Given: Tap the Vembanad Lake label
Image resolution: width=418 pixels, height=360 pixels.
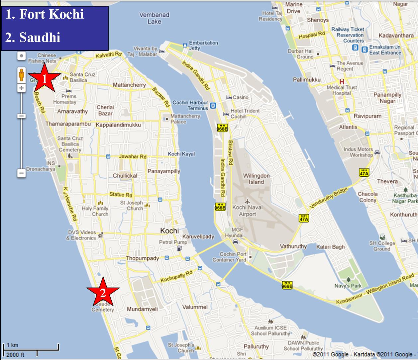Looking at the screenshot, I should coord(154,18).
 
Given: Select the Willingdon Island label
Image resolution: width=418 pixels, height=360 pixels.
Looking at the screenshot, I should coord(256,179).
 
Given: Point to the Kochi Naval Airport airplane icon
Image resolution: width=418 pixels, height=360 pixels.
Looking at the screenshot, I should coord(247,201).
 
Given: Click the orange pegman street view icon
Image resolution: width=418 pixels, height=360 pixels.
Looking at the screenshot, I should coord(22,75).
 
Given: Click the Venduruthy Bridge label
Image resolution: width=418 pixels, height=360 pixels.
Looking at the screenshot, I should coord(329,198).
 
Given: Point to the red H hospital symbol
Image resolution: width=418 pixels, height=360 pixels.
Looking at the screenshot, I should coord(341,81).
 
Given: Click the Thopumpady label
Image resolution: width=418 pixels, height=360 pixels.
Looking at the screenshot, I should coord(142,258).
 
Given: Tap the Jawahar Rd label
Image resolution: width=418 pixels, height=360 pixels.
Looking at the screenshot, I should coord(133,156).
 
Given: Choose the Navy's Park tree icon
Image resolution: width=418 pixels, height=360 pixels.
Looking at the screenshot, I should coord(348,280).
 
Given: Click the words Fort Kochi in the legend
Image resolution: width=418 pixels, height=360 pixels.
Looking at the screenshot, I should coord(52,14).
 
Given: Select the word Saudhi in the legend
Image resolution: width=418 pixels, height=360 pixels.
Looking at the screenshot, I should coord(40,37).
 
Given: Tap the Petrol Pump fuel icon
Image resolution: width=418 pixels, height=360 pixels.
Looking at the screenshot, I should coord(179,248).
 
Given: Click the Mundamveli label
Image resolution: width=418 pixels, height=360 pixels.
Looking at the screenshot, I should coord(142,309).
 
